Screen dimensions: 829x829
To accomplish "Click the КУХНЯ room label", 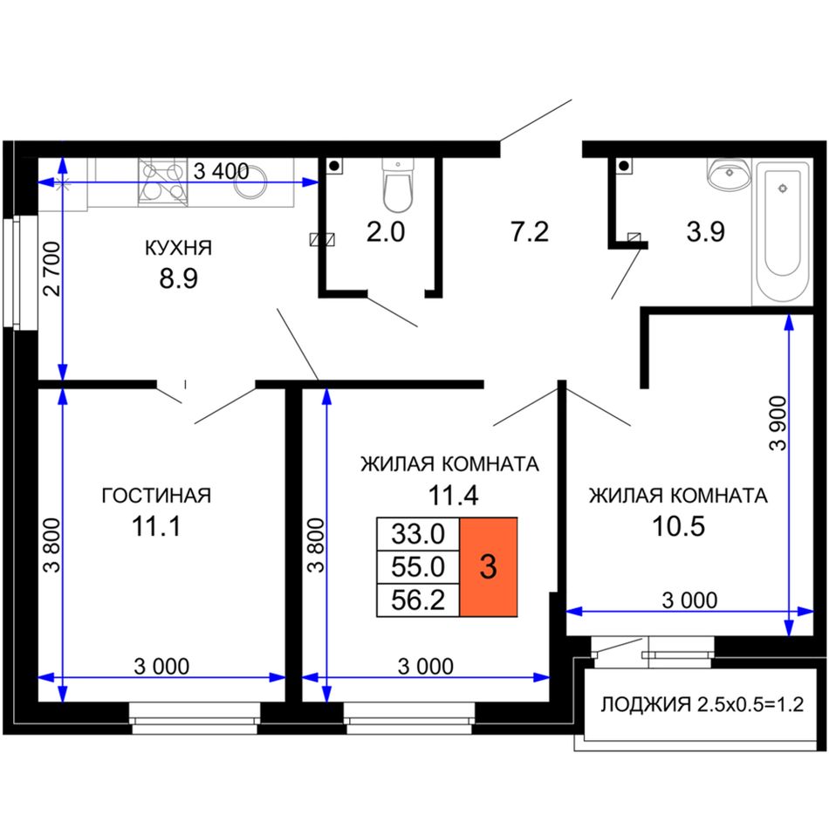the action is (178, 248).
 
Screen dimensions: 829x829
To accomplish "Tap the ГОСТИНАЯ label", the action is (156, 496).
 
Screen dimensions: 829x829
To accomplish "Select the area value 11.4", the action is (453, 496).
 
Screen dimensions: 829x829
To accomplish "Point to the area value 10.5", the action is (678, 526).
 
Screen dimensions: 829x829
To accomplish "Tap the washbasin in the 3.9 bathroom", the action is (729, 174).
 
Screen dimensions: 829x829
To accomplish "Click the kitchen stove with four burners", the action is (163, 182).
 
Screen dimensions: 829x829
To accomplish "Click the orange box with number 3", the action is (488, 566).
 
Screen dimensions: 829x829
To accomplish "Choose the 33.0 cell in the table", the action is (418, 534).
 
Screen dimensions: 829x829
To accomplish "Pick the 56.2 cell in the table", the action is (418, 600).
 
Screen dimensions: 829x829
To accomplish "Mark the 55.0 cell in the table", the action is (418, 567).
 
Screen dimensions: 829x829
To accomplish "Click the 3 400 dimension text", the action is (221, 171).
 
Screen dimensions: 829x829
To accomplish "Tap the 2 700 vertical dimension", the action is (52, 268).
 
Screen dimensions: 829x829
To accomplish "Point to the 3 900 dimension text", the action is (778, 422).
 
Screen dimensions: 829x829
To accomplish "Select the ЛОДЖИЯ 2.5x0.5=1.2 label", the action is (702, 703).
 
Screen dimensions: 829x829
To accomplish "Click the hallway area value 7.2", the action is (529, 231).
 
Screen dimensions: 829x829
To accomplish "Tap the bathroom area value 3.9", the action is (705, 231).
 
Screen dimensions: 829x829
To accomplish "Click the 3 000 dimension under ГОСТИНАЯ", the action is (161, 666).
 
